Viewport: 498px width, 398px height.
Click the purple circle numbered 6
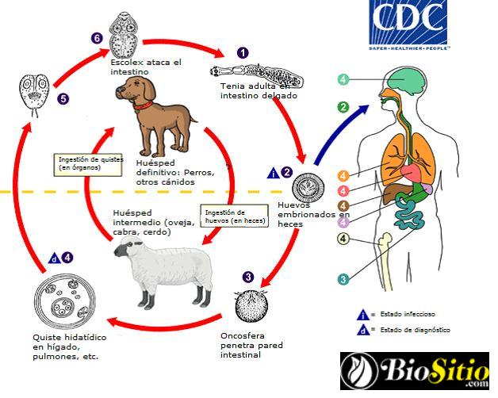coord(97,37)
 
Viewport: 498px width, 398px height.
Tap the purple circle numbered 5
coord(63,99)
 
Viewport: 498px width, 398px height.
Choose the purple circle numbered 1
coord(243,52)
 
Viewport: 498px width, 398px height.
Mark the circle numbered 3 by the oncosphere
coord(248,277)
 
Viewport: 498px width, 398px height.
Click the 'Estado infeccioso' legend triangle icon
coord(362,313)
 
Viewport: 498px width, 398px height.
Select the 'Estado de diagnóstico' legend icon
coord(362,330)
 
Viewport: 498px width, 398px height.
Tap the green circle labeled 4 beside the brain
coord(343,79)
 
